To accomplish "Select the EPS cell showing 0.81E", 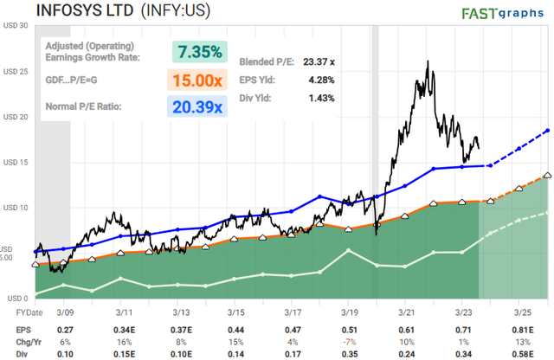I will pos(520,330).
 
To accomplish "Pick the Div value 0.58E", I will pos(520,352).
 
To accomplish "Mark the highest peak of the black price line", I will pos(428,61).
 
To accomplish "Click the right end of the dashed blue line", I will pos(548,130).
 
